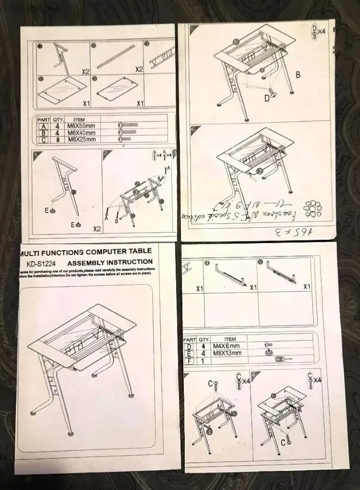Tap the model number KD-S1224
pos(39,262)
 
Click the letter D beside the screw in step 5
pos(267,98)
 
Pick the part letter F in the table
pos(190,360)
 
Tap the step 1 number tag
pos(37,155)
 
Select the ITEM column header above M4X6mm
pos(230,338)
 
